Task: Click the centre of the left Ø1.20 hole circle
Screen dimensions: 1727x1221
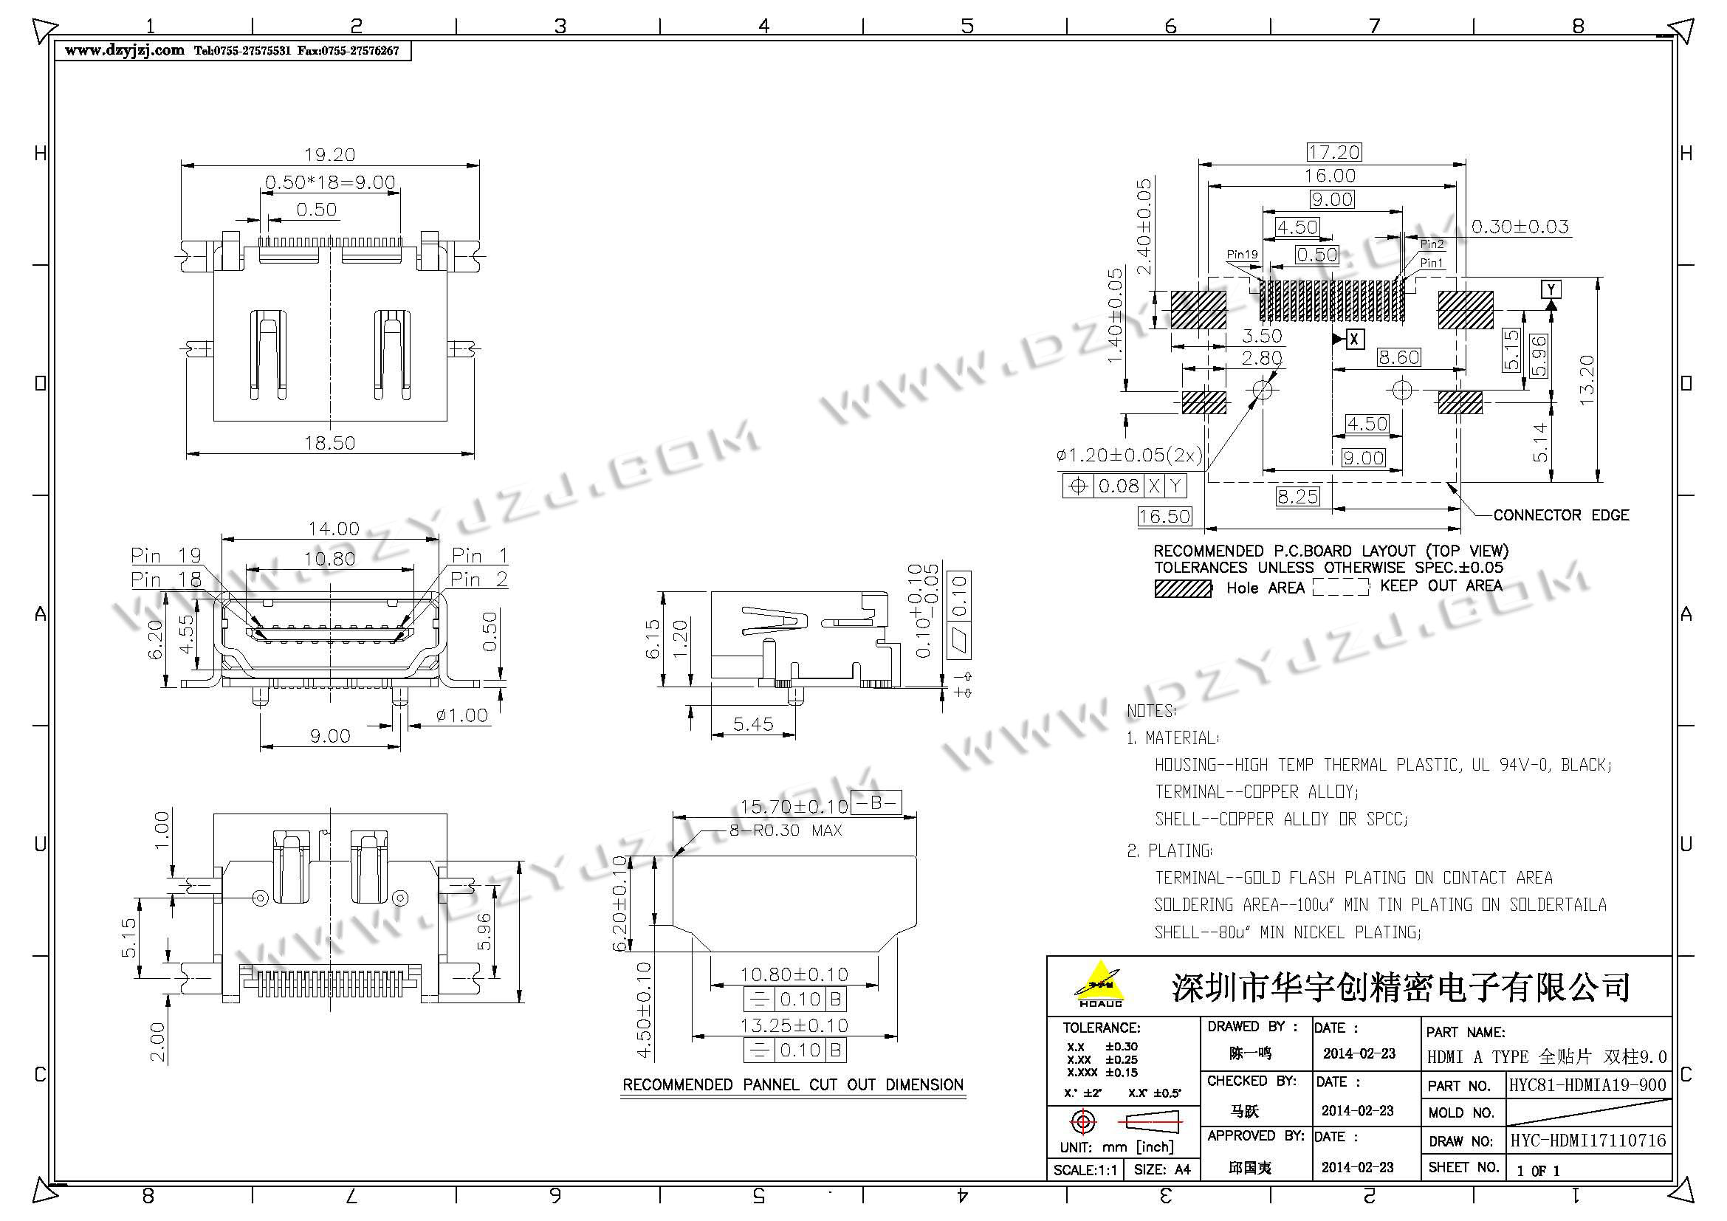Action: (1263, 390)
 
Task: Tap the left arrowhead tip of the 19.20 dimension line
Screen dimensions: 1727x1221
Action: (182, 165)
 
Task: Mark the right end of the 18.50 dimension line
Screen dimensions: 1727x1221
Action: (474, 453)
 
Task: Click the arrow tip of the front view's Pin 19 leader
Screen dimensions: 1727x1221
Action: (256, 627)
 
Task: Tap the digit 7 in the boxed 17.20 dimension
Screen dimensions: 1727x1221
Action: (1323, 153)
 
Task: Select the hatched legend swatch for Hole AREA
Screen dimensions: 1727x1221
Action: (1183, 588)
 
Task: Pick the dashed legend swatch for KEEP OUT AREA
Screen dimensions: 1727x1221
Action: (1340, 587)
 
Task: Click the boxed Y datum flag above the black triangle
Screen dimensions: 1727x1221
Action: (1551, 289)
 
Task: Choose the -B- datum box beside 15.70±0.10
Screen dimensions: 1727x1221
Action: (876, 803)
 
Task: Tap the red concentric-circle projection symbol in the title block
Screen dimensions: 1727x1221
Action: (1082, 1123)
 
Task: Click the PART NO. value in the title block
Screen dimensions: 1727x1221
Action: (1588, 1085)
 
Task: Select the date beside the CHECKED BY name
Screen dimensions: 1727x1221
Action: (1358, 1110)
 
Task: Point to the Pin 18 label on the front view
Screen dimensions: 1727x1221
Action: (166, 579)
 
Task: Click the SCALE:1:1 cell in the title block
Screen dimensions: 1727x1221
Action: (1085, 1170)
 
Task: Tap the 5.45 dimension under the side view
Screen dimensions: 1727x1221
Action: (753, 724)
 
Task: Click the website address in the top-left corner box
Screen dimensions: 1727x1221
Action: (124, 50)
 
